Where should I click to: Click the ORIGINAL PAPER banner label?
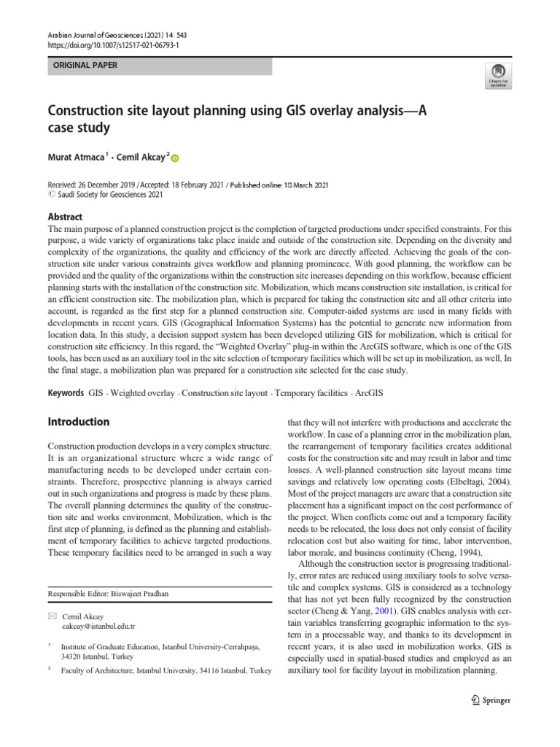[82, 66]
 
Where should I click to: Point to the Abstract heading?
[65, 217]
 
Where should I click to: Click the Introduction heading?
[78, 422]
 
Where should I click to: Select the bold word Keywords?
[66, 392]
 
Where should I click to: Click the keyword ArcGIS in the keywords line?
[368, 392]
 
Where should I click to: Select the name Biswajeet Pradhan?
[144, 595]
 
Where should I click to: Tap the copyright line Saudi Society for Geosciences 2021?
[104, 196]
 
